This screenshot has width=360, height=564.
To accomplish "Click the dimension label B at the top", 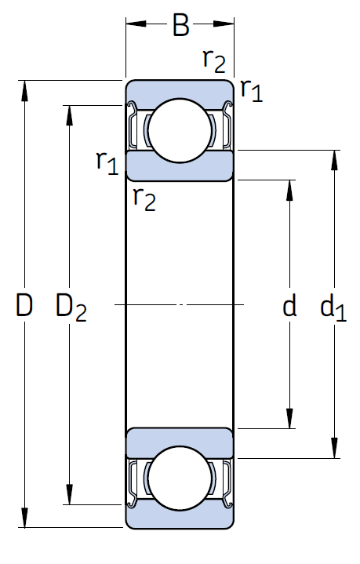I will [180, 26].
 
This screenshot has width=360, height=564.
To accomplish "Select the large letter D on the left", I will [24, 305].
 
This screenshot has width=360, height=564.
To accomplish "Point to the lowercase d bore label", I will [290, 305].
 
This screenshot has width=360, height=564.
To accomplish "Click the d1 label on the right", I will [333, 307].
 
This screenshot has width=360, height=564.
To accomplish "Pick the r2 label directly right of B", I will [215, 60].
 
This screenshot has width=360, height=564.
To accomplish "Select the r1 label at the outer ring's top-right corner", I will [251, 90].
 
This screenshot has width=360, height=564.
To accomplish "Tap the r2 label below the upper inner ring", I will [144, 198].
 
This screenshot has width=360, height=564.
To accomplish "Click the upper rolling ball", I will [180, 127].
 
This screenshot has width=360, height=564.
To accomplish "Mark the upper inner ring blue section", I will [180, 165].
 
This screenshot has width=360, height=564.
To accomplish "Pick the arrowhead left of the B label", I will [136, 25].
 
